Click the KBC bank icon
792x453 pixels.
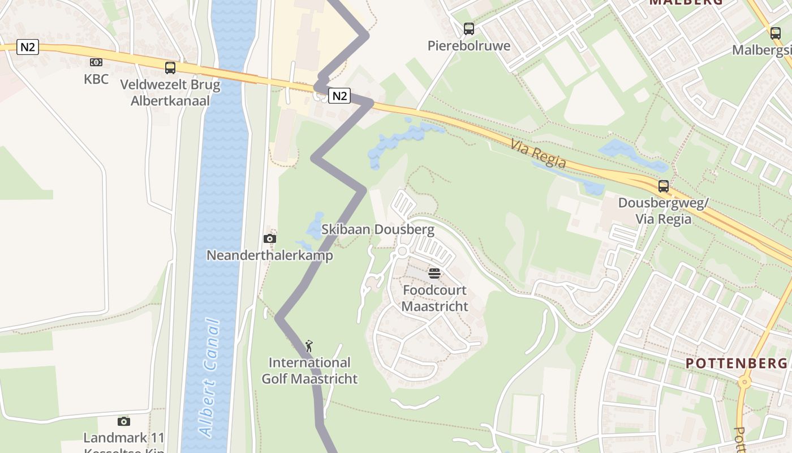click(96, 62)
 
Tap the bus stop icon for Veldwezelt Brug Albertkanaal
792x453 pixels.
click(170, 68)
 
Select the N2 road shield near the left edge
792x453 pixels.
click(28, 47)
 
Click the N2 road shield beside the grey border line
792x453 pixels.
click(339, 96)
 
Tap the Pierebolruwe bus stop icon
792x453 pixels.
click(468, 28)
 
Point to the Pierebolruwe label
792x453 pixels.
click(469, 46)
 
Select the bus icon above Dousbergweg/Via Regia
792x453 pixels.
click(663, 186)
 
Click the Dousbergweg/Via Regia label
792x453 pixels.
click(662, 211)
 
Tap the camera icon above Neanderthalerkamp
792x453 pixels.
click(270, 238)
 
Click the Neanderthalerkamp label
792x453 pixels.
click(269, 255)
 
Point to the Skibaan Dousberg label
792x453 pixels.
click(378, 229)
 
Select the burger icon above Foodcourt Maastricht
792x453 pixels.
click(434, 273)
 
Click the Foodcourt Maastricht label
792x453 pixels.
click(434, 298)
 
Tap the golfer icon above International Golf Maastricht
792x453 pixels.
click(309, 345)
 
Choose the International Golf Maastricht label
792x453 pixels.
click(309, 371)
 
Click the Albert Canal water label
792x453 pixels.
click(209, 378)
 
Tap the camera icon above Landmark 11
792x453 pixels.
click(124, 421)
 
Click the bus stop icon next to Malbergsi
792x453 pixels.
click(775, 33)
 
